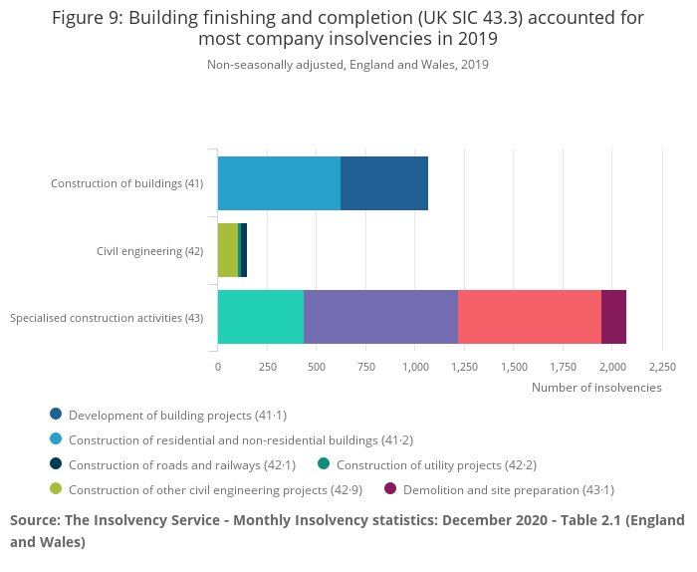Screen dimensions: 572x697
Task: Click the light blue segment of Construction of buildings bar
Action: coord(279,183)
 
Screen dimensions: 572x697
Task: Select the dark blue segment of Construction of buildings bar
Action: coord(384,183)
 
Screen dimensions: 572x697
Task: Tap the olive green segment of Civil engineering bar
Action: coord(227,250)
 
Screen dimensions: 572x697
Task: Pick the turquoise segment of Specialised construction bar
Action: coord(261,317)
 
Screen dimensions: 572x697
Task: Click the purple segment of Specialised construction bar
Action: coord(380,317)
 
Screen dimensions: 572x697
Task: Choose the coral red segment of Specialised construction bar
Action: coord(530,317)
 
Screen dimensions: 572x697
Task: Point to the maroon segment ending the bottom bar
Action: coord(613,317)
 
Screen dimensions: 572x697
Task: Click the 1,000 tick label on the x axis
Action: coord(415,366)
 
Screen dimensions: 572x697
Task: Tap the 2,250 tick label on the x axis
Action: coord(662,366)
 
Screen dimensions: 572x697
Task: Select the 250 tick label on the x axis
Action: coord(267,366)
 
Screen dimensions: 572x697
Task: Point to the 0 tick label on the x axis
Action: coord(218,366)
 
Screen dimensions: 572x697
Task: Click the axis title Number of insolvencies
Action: coord(596,387)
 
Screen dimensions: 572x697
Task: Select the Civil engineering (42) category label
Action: coord(149,250)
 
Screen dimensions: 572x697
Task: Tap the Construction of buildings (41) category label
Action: coord(126,183)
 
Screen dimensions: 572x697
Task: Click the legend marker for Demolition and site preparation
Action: coord(390,489)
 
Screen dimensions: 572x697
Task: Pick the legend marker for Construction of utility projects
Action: coord(324,464)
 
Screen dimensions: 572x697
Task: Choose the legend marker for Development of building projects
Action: coord(56,415)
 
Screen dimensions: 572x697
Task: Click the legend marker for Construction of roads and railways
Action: coord(56,464)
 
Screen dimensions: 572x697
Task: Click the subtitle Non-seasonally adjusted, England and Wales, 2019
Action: coord(348,65)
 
